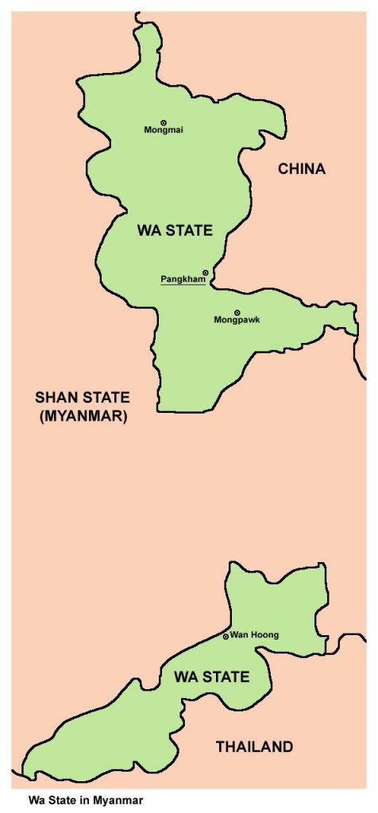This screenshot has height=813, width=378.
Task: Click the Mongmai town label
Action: [164, 130]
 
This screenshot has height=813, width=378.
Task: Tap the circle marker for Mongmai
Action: [164, 122]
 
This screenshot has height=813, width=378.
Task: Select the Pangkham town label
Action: [183, 279]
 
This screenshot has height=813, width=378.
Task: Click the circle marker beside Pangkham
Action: [206, 272]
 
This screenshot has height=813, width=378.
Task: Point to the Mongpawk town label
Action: [237, 320]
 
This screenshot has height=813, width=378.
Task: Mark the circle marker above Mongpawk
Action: [237, 312]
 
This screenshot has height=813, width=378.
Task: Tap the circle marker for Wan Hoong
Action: [226, 636]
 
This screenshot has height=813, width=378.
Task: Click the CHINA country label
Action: [302, 168]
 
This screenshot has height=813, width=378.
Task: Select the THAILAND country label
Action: [255, 746]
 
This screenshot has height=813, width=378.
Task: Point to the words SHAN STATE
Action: [82, 398]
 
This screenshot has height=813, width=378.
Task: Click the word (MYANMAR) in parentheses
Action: [82, 415]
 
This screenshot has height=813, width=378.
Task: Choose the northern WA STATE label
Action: [175, 231]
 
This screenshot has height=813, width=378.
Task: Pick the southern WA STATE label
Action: [211, 677]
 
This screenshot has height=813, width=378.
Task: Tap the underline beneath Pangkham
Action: [183, 285]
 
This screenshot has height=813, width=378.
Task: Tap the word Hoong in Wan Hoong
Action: [263, 635]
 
